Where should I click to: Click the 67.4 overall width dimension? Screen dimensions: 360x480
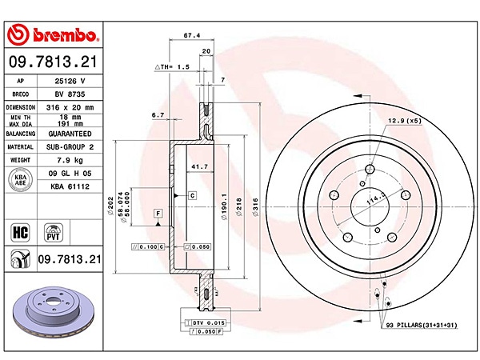click(x=190, y=35)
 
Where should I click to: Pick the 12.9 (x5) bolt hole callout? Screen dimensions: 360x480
click(x=405, y=121)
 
